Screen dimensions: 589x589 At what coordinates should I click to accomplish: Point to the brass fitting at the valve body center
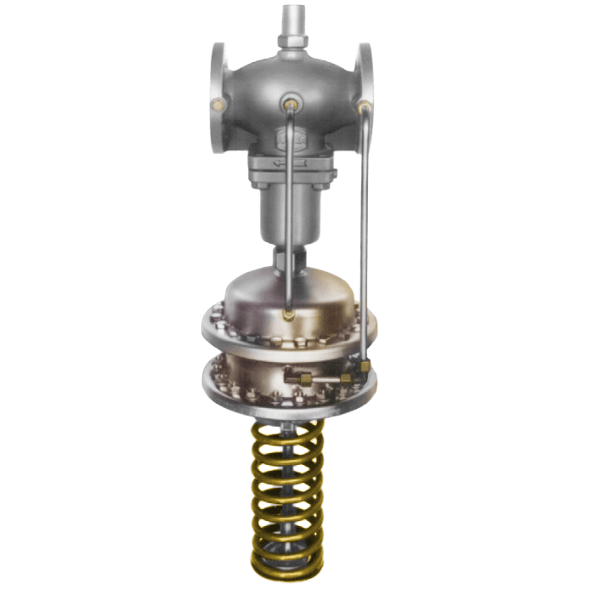coord(291,105)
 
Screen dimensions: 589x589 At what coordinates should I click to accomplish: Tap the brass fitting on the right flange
coord(365,107)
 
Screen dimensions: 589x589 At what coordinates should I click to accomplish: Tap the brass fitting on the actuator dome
coord(291,314)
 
